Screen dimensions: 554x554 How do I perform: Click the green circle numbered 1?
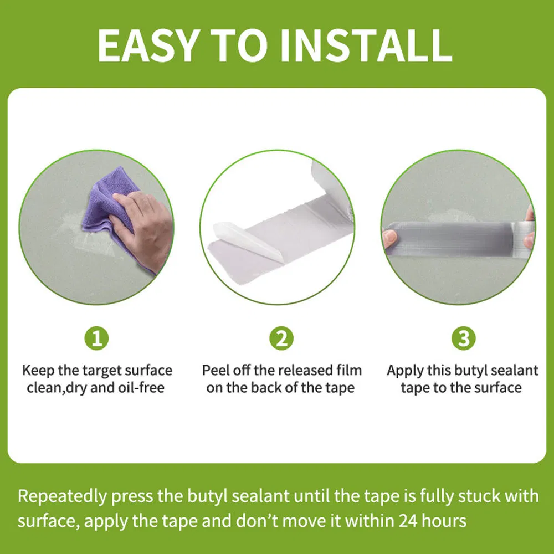click(x=96, y=338)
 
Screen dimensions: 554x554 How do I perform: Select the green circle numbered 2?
click(x=281, y=338)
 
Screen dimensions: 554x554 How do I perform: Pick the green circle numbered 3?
click(x=464, y=338)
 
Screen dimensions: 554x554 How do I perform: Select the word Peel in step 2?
click(x=215, y=370)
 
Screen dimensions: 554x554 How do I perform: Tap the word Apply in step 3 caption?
click(x=405, y=370)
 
